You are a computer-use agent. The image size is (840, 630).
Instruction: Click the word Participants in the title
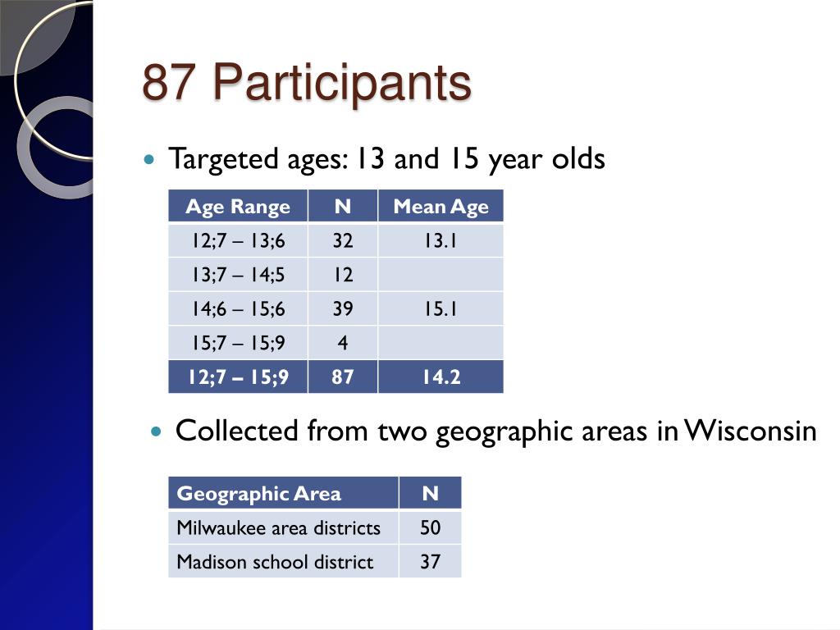coord(342,83)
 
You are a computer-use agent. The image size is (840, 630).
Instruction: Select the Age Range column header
coord(238,206)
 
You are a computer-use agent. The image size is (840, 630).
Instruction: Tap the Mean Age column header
coord(441,206)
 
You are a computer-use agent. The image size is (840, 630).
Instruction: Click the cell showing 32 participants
coord(343,240)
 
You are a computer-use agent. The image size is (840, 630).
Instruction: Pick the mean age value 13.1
coord(441,240)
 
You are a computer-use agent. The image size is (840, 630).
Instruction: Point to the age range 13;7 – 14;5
coord(239,275)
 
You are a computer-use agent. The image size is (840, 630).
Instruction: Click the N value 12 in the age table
coord(343,275)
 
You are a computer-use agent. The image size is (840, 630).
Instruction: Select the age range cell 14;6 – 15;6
coord(239,309)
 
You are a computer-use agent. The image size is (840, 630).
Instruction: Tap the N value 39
coord(343,309)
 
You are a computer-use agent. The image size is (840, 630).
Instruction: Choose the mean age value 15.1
coord(441,309)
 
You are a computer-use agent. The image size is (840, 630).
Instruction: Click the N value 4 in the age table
coord(343,343)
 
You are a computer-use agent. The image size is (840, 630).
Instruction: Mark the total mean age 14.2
coord(441,377)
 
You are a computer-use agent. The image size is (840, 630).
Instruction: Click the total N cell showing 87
coord(343,377)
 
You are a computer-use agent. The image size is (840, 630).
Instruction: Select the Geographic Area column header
coord(258,493)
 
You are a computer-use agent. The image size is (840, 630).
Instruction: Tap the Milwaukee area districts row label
coord(279,527)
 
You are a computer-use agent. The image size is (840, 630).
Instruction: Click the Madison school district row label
coord(275,562)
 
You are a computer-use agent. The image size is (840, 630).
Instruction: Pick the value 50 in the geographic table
coord(430,527)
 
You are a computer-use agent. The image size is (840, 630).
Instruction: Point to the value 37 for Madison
coord(430,562)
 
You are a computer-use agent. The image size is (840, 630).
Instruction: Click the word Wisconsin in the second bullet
coord(751,431)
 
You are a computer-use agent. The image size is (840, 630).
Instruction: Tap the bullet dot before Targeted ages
coord(149,159)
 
